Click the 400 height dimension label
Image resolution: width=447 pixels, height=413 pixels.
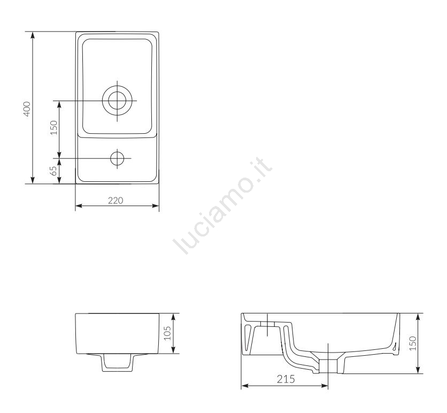pos(27,109)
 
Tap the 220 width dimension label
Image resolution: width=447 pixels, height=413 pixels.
pos(115,201)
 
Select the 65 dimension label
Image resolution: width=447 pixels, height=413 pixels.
pos(53,171)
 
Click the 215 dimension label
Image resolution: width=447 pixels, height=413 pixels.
pos(286,379)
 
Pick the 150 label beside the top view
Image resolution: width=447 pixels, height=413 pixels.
pos(53,127)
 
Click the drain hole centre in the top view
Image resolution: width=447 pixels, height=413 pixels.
pos(117,101)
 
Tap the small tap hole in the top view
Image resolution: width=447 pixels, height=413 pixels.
pos(117,158)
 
